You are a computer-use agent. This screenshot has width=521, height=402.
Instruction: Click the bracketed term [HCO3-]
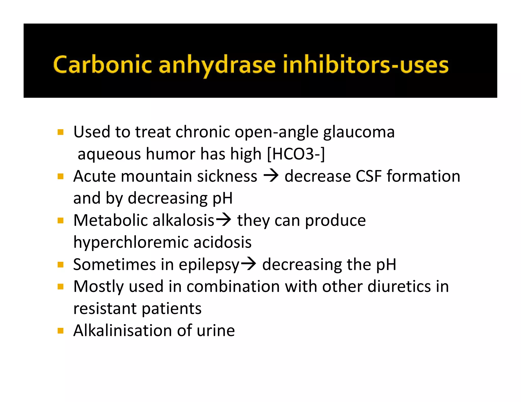[296, 154]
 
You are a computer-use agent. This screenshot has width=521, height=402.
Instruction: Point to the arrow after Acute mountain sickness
[271, 176]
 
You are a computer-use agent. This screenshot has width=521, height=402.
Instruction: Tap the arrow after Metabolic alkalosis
[224, 220]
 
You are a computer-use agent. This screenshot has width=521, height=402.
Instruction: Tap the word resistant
[105, 309]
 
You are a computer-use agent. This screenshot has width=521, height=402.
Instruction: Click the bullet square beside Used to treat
[61, 132]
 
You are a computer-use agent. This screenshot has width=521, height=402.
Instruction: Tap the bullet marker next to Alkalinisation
[61, 331]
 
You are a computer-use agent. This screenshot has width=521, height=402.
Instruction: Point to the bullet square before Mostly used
[61, 287]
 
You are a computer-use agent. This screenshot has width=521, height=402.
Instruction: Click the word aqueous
[109, 154]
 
